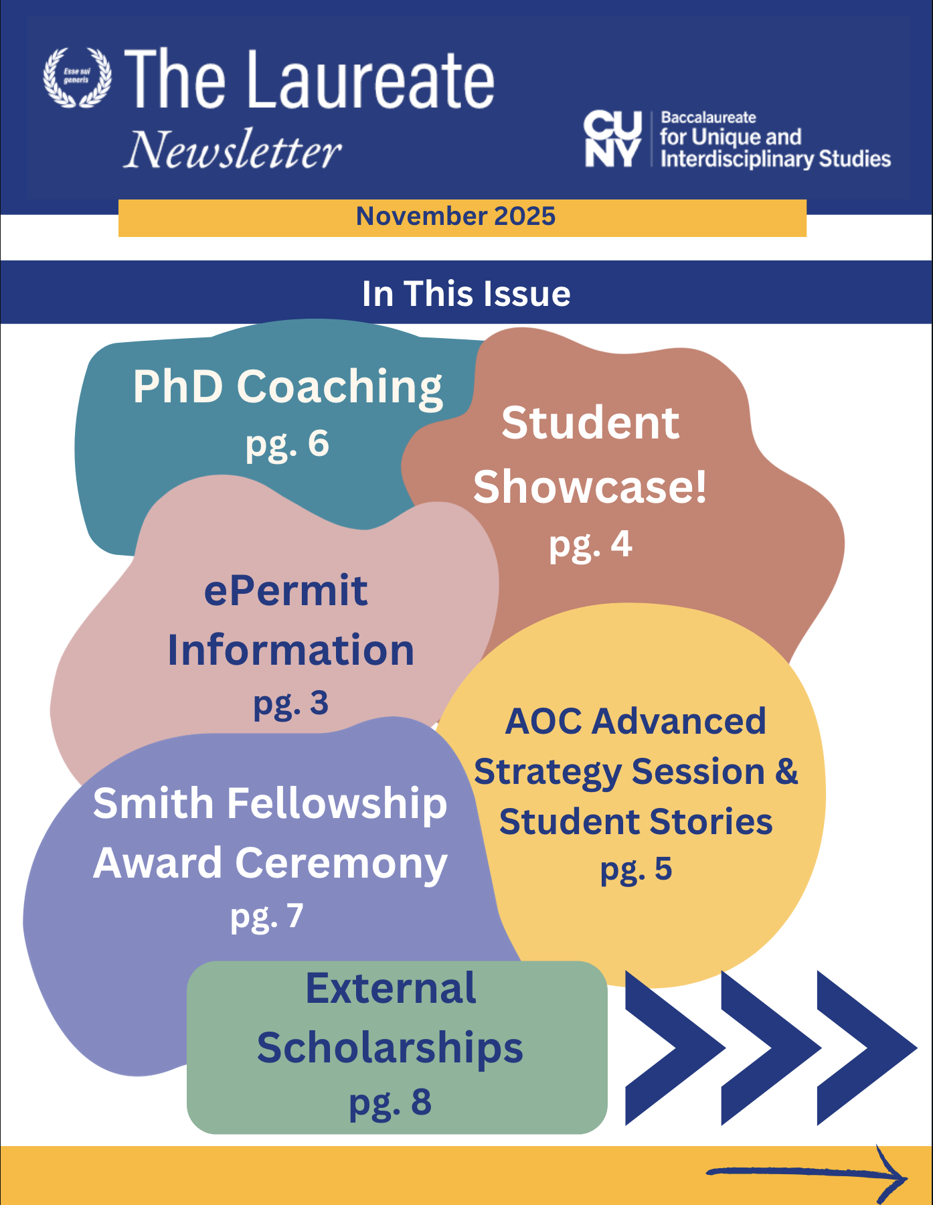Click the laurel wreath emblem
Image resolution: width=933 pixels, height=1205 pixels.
[x=77, y=77]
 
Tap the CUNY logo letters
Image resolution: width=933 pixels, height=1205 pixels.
[x=612, y=139]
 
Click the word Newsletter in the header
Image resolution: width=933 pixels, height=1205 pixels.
[x=233, y=150]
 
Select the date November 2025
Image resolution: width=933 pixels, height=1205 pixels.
[x=455, y=216]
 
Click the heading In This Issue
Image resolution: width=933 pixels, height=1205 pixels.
[x=466, y=294]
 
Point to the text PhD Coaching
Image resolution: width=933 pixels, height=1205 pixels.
[x=288, y=387]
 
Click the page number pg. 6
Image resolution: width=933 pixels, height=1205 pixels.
[x=287, y=444]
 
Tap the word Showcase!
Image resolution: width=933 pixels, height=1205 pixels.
[x=590, y=487]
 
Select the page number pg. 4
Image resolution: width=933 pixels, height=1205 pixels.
[x=590, y=545]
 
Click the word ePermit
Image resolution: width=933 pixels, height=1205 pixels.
[x=286, y=591]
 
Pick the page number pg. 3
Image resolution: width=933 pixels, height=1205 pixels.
[x=290, y=704]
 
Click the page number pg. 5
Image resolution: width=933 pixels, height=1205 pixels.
[x=636, y=869]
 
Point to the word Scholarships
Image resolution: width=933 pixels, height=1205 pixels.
[x=390, y=1048]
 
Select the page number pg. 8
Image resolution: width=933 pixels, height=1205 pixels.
[x=390, y=1103]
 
